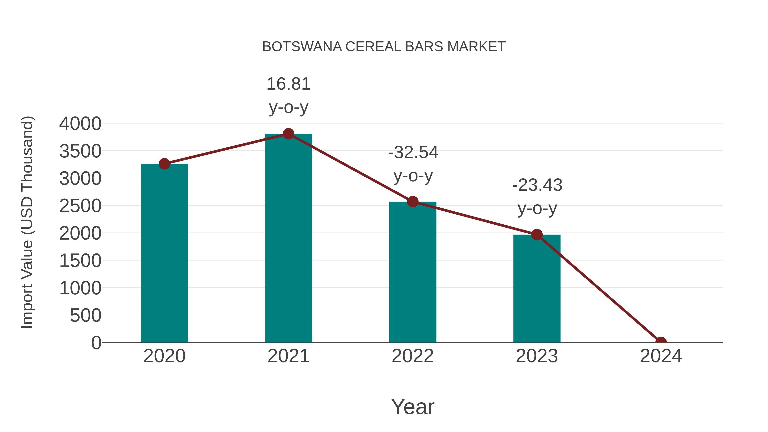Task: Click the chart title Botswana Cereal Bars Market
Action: [384, 47]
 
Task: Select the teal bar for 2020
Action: [164, 253]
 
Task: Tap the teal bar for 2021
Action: [288, 239]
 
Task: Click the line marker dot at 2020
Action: [164, 164]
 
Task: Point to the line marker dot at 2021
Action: [288, 134]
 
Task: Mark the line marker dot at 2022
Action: [413, 202]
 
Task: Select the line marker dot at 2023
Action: [537, 235]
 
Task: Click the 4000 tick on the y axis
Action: [80, 124]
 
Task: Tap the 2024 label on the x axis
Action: [661, 356]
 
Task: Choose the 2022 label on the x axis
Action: [413, 356]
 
